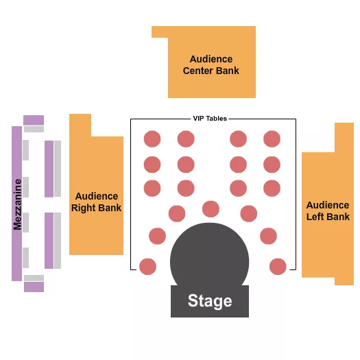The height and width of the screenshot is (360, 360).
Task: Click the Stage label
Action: coord(210,301)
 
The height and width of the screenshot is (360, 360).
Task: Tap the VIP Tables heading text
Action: coord(210,119)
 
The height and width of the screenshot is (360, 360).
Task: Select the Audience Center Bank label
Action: coord(211,65)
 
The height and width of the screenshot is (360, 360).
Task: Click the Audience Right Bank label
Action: coord(97,202)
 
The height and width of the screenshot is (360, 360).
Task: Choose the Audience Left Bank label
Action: coord(328,211)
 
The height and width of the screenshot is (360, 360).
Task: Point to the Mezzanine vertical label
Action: coord(17,204)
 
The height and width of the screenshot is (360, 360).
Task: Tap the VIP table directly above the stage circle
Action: coord(211,208)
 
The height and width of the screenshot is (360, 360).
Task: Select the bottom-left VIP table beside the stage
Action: coord(147,266)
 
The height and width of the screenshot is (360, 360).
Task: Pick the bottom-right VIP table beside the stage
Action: coord(278,266)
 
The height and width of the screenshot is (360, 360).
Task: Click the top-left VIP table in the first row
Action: coord(152,139)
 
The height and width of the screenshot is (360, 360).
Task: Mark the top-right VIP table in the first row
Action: coord(272,139)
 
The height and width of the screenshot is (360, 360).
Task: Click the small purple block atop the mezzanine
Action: coord(34,120)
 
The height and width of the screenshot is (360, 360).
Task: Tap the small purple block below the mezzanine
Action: coord(34,287)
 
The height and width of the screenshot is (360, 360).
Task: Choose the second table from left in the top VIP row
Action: coord(186,139)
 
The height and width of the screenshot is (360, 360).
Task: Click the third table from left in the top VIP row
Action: coord(238,139)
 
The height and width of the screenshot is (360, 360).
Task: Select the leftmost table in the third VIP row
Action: coord(152,188)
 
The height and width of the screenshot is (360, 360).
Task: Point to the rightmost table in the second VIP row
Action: coord(272,165)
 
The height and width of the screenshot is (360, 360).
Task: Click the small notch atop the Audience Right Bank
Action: coord(80,125)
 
